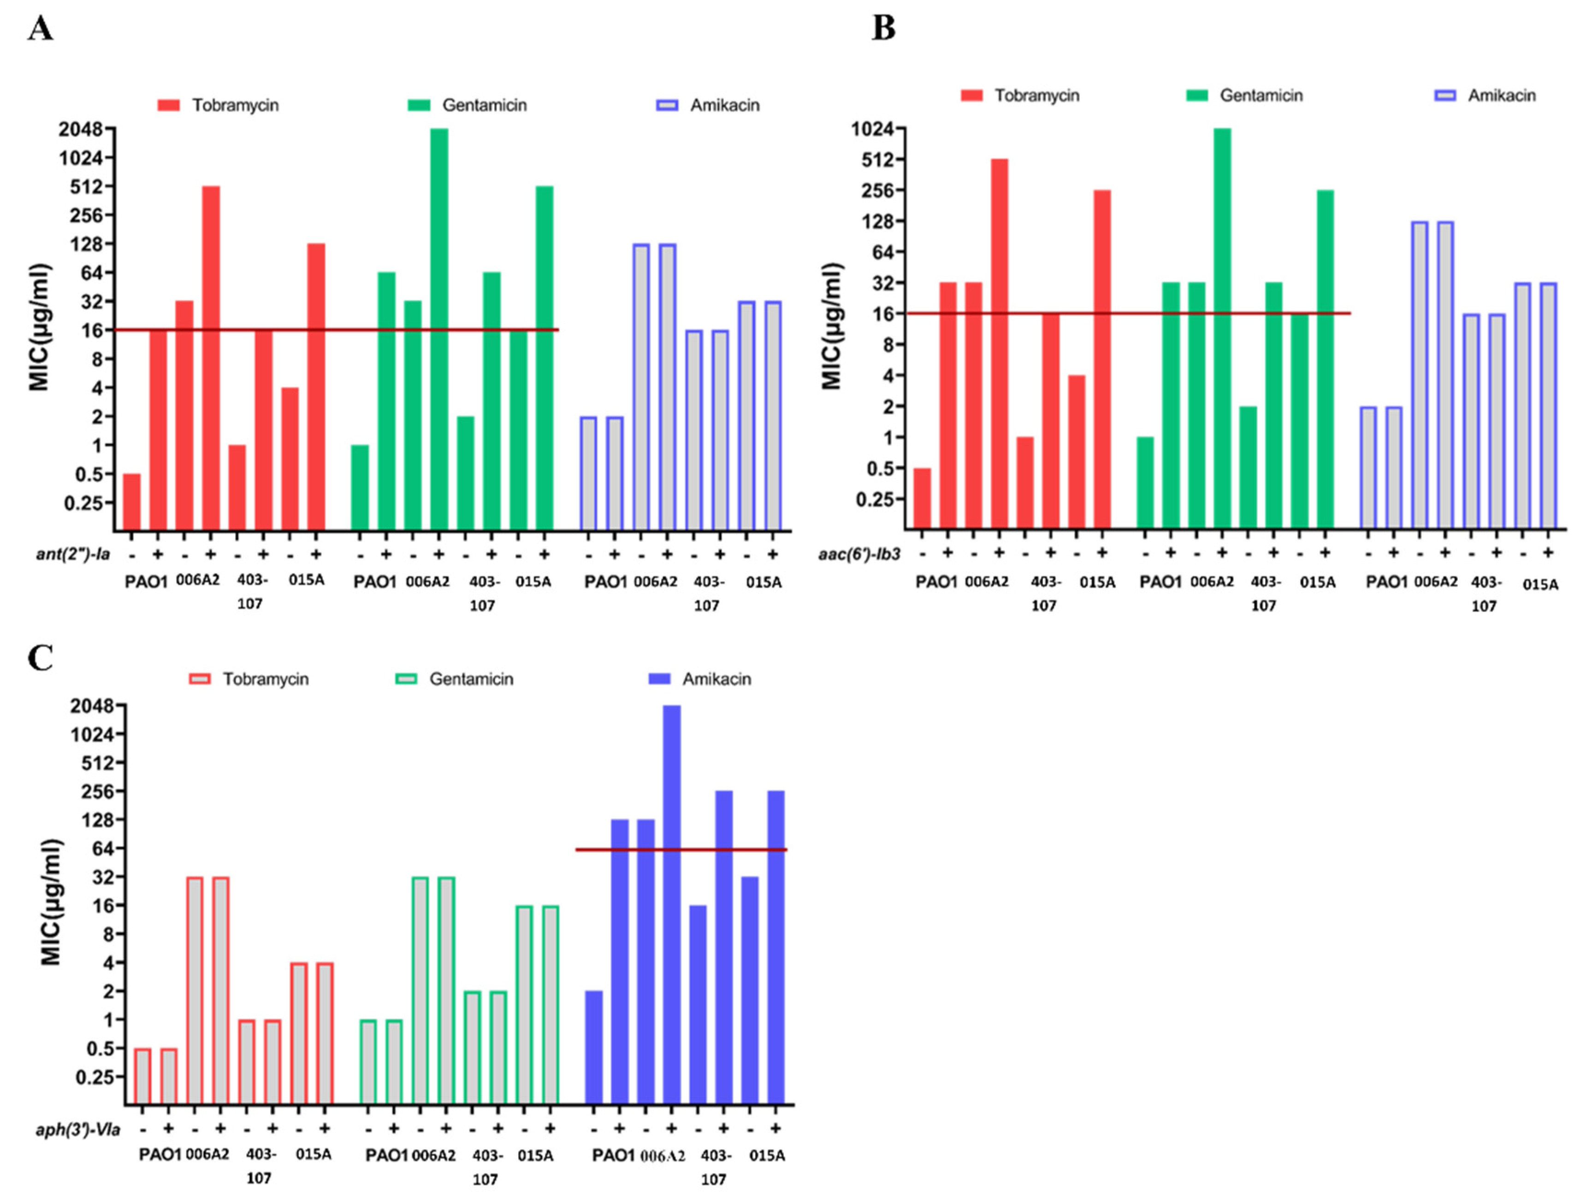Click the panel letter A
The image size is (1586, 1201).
click(x=40, y=30)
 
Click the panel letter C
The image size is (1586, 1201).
click(x=40, y=658)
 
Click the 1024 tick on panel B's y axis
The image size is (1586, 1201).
click(x=873, y=129)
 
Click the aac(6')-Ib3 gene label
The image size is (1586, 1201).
click(x=859, y=554)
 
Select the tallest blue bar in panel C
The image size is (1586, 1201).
click(x=671, y=904)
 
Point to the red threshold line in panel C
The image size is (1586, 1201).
click(x=681, y=850)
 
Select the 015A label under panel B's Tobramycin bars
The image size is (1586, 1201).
click(x=1097, y=583)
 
